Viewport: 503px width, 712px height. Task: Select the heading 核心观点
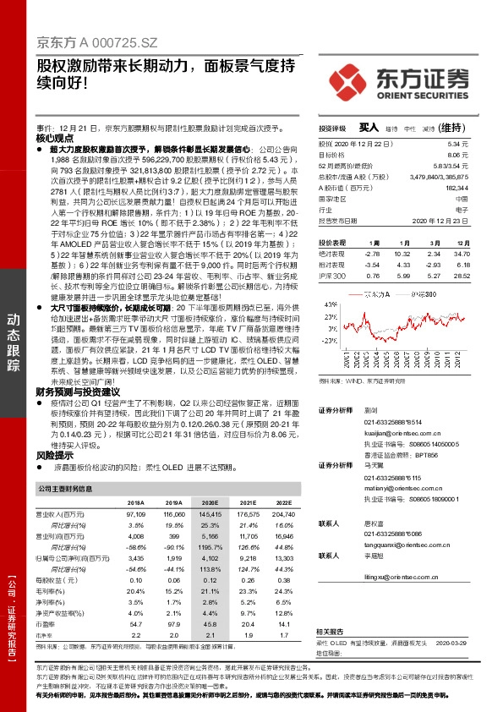55,137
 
